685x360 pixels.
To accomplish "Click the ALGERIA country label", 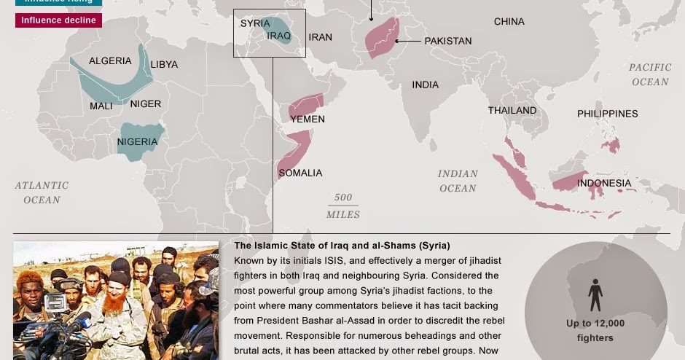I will (x=110, y=61).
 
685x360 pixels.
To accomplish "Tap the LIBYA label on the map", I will (x=164, y=64).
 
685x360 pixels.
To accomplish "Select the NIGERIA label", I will (x=137, y=141).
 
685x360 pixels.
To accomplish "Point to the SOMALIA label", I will (x=300, y=173).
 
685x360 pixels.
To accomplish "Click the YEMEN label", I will (x=308, y=119).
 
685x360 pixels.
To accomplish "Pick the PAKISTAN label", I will (x=448, y=41).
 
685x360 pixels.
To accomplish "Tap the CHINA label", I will (x=509, y=22).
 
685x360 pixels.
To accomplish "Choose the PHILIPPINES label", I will (x=607, y=114).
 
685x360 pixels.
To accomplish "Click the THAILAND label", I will (x=512, y=111).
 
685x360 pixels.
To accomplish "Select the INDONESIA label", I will (x=604, y=183).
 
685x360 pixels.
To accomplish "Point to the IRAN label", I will (x=320, y=37).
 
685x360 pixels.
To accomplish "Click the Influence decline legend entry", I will (x=58, y=20).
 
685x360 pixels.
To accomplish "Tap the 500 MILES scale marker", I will (x=343, y=206).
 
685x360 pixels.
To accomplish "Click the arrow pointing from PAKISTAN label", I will (x=408, y=41).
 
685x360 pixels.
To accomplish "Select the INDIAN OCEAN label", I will (x=458, y=181).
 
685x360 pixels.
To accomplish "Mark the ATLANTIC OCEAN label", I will (x=42, y=192).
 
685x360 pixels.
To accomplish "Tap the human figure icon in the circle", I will (x=595, y=296).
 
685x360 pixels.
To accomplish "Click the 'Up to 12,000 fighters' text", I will (x=595, y=330).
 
